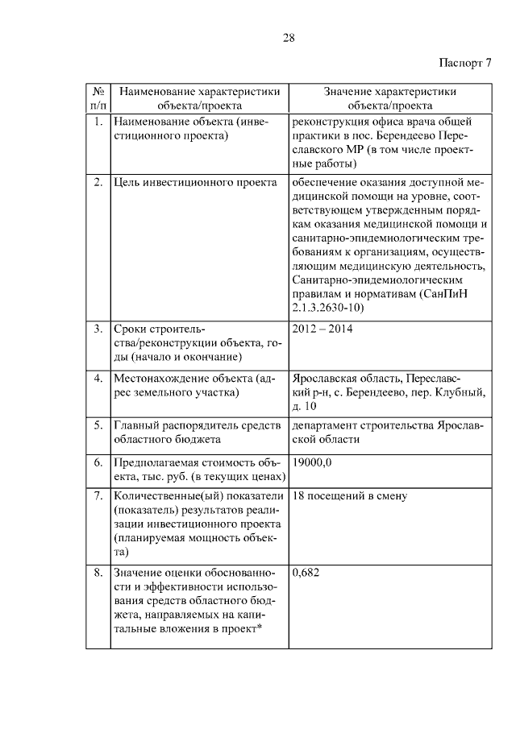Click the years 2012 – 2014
coord(322,329)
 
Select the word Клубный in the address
coord(463,391)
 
